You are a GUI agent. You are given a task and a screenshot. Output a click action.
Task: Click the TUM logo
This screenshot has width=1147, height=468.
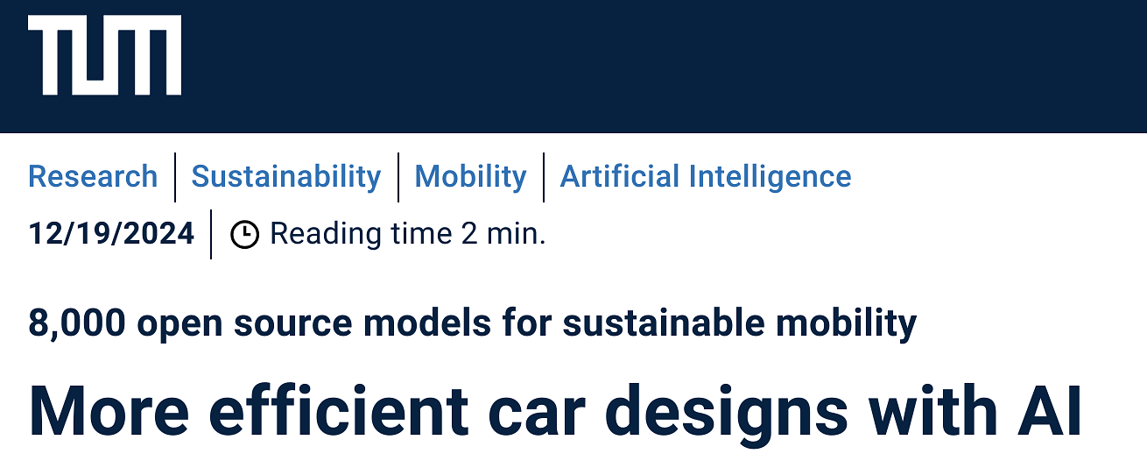[104, 55]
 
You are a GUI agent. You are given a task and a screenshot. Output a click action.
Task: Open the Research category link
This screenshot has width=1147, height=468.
[93, 176]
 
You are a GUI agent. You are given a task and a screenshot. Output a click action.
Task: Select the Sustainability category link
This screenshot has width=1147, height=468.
[286, 177]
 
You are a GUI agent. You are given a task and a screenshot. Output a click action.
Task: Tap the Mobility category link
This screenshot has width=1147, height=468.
[470, 177]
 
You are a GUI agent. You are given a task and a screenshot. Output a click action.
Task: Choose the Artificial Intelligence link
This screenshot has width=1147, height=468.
[706, 177]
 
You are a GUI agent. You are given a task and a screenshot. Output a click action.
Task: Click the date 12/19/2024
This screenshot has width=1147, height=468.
[111, 234]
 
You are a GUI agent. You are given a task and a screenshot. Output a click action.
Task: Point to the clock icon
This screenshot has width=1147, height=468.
[245, 235]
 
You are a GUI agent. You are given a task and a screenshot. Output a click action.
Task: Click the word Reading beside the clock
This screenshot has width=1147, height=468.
[326, 235]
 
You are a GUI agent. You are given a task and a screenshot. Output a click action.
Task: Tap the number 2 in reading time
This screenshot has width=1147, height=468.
[469, 234]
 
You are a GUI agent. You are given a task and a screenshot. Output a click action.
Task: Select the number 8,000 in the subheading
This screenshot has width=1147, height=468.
[77, 323]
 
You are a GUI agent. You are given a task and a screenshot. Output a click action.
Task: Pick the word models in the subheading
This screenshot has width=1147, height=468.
[427, 323]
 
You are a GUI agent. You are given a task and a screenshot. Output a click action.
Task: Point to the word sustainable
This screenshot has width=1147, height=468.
[664, 323]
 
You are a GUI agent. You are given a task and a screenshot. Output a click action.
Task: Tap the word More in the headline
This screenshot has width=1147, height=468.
[109, 411]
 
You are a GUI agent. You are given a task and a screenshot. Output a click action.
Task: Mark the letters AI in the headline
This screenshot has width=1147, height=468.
[1050, 411]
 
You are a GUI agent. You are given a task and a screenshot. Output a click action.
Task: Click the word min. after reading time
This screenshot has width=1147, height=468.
[517, 234]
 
